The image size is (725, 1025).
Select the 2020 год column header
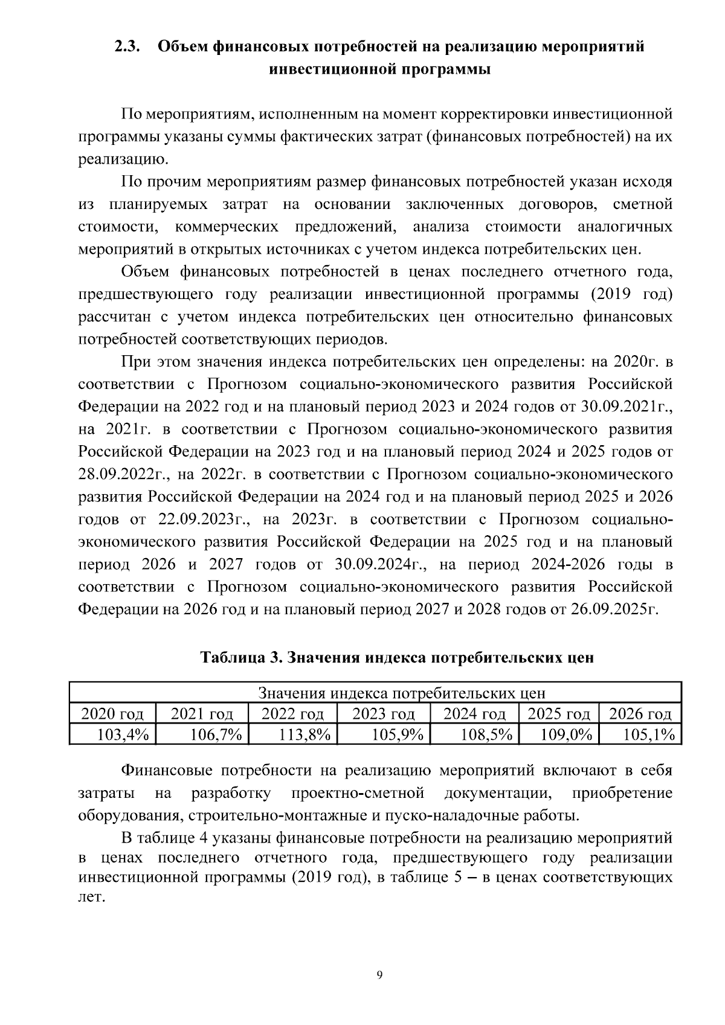point(112,714)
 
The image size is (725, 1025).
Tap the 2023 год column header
point(383,714)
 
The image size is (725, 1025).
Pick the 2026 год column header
point(640,714)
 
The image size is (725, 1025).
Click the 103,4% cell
point(123,734)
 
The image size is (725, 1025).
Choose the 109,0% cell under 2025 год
point(568,734)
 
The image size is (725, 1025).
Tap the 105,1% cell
point(649,734)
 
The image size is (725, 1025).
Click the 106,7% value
point(216,734)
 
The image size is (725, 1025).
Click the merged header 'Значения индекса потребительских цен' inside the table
point(402,693)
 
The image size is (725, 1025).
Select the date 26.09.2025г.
point(614,609)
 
